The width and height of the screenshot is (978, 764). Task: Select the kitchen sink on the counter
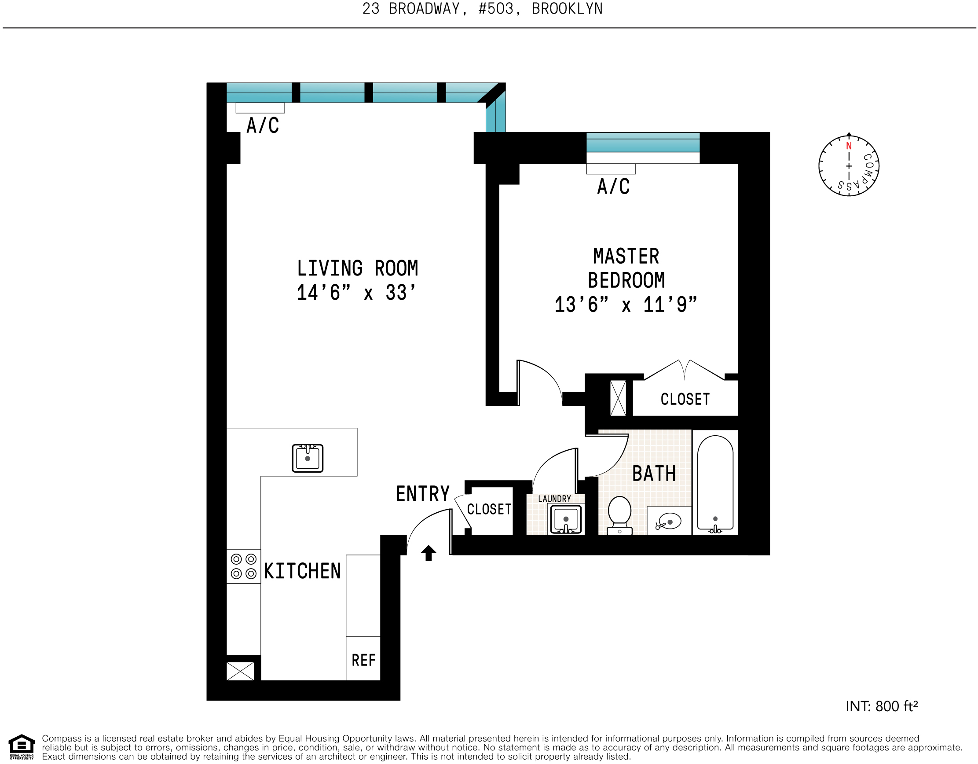click(308, 458)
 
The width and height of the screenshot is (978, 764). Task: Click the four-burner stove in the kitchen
click(244, 566)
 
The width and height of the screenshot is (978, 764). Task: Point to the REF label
click(363, 660)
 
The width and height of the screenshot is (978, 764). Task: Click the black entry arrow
click(429, 553)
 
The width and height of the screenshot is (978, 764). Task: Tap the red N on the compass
click(849, 146)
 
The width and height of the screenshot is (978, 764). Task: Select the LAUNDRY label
click(554, 499)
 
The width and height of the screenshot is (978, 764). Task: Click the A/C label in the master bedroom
click(613, 186)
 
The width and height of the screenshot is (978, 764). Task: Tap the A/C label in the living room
click(263, 125)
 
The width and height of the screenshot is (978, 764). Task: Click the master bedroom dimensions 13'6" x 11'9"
click(626, 305)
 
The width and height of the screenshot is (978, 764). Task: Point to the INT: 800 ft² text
click(881, 706)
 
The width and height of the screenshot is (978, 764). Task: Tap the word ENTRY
click(423, 494)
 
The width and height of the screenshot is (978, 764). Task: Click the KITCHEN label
click(303, 571)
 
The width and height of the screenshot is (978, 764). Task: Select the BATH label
click(654, 474)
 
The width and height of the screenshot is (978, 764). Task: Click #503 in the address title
click(496, 9)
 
